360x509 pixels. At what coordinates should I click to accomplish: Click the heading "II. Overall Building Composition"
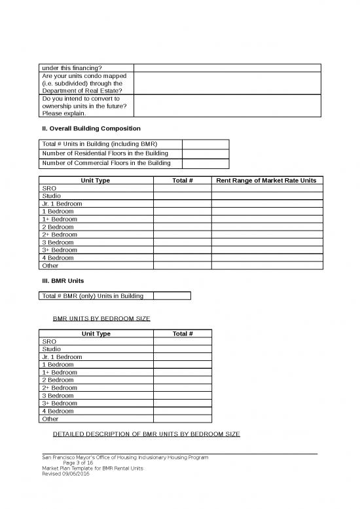click(x=90, y=128)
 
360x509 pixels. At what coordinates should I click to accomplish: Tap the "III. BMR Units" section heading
click(x=62, y=281)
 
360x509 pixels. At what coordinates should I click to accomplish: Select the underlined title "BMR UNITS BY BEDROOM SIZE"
click(x=101, y=318)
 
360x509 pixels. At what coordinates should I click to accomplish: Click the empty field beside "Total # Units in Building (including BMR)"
click(x=205, y=144)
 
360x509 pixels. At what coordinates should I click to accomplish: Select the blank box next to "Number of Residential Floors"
click(x=205, y=153)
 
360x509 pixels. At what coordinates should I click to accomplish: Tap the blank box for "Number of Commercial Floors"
click(x=205, y=163)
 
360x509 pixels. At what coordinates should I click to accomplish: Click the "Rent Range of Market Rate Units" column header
click(x=266, y=180)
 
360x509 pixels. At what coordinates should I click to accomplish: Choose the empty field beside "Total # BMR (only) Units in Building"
click(x=171, y=296)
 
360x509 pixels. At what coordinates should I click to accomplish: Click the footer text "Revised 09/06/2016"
click(x=65, y=474)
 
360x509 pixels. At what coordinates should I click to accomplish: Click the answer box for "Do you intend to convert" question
click(x=227, y=105)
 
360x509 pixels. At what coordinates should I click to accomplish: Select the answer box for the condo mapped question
click(x=227, y=83)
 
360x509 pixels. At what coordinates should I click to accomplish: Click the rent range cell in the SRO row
click(x=266, y=188)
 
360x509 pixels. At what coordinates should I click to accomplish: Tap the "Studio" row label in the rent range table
click(x=50, y=196)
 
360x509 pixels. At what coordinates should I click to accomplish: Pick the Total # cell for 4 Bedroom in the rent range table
click(x=182, y=258)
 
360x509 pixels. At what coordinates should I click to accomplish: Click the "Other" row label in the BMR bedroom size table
click(x=50, y=419)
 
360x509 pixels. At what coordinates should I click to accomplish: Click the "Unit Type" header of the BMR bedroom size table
click(x=96, y=333)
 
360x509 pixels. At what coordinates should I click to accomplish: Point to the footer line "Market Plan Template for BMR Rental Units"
click(x=92, y=468)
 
